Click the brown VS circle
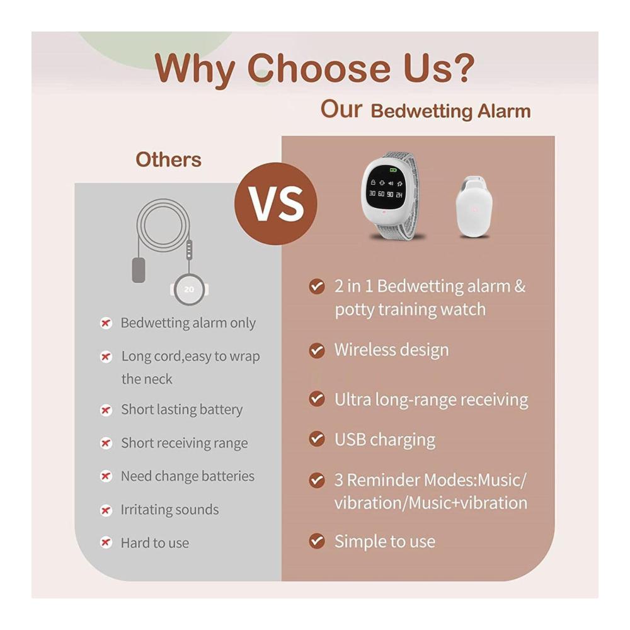(x=276, y=203)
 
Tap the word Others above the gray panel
(x=168, y=159)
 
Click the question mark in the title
(x=461, y=67)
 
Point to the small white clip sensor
(x=474, y=206)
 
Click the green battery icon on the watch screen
(x=393, y=170)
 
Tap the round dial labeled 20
(x=189, y=289)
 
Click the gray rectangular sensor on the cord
(x=139, y=270)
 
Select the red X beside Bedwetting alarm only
(x=106, y=323)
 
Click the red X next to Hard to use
(x=106, y=542)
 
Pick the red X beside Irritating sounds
(x=106, y=510)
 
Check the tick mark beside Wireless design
(x=317, y=350)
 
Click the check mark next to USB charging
(x=317, y=438)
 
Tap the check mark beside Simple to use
(x=317, y=541)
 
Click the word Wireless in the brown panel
(x=365, y=350)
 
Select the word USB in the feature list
(x=350, y=439)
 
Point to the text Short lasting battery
(x=182, y=409)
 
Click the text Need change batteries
(x=188, y=476)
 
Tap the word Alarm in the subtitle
(x=504, y=112)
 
